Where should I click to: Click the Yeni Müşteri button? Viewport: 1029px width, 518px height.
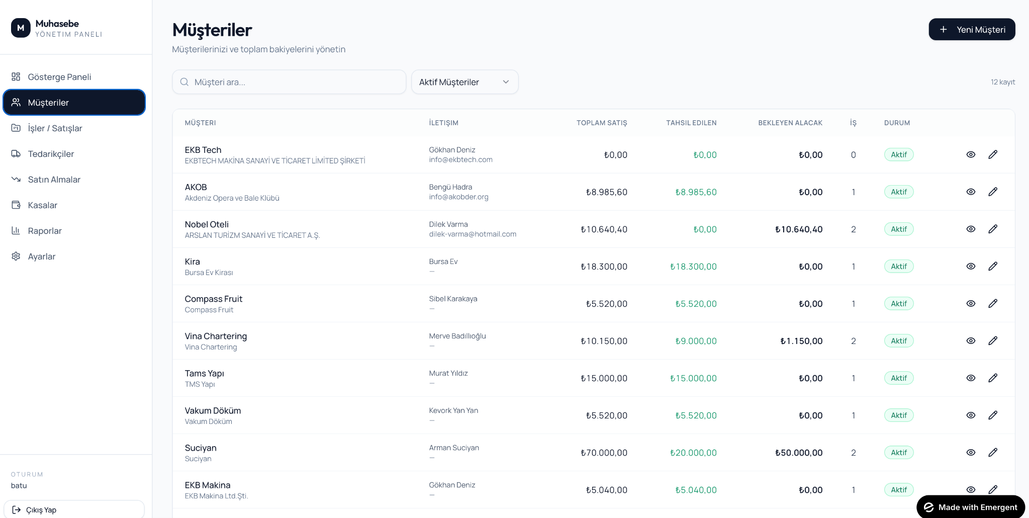point(972,30)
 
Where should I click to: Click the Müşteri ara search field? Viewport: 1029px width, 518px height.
point(289,82)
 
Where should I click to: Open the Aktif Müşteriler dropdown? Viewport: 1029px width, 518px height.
point(464,82)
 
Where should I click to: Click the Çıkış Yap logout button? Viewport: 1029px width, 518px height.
point(74,509)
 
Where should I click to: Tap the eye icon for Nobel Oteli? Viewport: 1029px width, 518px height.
point(971,229)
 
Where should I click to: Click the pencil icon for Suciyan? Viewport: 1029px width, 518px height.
point(993,453)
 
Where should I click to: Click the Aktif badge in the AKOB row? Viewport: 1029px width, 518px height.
point(899,192)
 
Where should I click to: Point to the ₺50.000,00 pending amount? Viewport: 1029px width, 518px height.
point(799,453)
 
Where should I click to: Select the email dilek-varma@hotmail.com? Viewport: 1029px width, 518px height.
point(473,234)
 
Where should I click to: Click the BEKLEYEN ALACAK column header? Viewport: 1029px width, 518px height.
point(790,123)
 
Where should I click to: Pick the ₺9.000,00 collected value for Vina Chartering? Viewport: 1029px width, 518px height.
point(696,341)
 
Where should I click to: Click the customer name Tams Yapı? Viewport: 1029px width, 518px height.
point(205,373)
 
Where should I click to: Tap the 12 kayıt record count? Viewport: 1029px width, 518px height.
point(1003,82)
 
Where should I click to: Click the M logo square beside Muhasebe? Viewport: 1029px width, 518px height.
point(21,28)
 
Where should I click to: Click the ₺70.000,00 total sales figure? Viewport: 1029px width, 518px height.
point(604,453)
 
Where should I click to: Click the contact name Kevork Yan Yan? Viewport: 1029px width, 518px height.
point(453,410)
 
